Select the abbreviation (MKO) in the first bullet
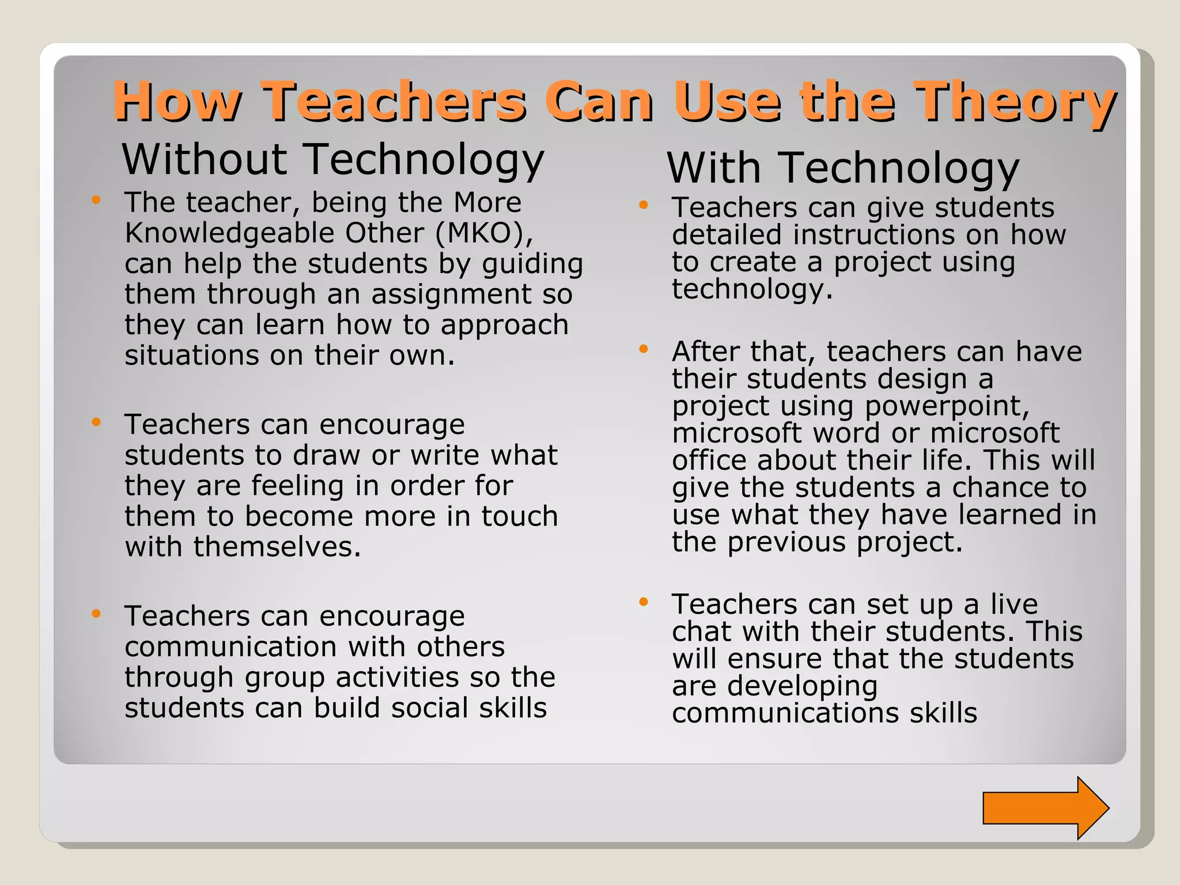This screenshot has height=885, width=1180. [x=484, y=233]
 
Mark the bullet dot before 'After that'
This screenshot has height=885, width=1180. [x=644, y=349]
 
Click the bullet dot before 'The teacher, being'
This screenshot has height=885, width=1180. [x=96, y=200]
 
